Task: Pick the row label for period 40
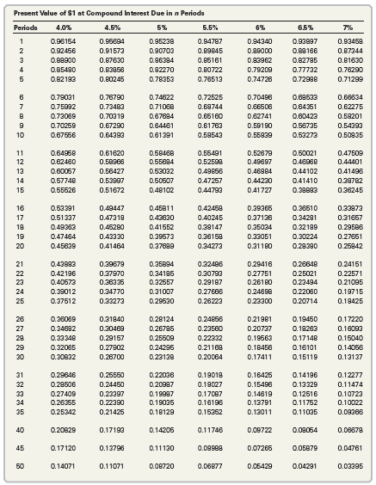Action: point(19,428)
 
